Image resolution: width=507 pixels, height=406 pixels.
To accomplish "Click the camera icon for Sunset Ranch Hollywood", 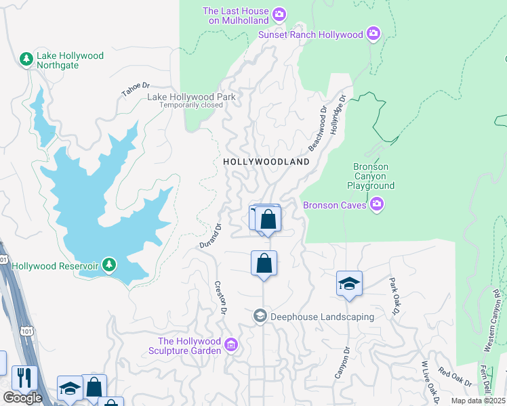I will [x=373, y=33].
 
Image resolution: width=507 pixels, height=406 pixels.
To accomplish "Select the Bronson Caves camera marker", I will [x=378, y=204].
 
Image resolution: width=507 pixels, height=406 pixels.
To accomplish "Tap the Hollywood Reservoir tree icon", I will [x=108, y=265].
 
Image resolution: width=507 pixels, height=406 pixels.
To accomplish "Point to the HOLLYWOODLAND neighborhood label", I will [x=266, y=162].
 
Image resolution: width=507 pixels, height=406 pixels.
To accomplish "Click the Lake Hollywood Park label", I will [x=192, y=97].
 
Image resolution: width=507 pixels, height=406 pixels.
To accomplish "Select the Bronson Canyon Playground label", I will [x=371, y=176].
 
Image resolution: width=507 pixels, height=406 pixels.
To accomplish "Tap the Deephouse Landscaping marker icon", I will [x=260, y=316].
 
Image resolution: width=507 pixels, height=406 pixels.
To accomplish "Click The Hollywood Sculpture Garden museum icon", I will [x=231, y=345].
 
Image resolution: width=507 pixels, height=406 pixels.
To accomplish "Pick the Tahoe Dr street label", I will [x=135, y=89].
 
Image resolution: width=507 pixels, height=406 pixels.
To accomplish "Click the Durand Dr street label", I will [x=211, y=235].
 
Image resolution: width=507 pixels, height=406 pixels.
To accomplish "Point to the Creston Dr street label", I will [x=220, y=298].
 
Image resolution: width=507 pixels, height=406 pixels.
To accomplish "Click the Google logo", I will [x=22, y=398].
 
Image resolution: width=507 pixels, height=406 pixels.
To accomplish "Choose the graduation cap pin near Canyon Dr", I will [x=349, y=283].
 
